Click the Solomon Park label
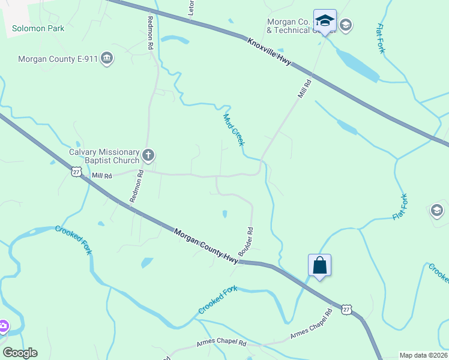click(38, 28)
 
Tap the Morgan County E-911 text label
click(58, 59)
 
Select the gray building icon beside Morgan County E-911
click(107, 58)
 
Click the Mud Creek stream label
click(234, 130)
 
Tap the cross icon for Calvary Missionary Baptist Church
click(148, 156)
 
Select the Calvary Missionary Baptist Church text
click(104, 157)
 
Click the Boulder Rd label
click(246, 242)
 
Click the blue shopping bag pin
click(319, 265)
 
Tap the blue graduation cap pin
click(325, 21)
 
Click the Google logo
click(20, 353)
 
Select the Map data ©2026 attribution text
click(423, 355)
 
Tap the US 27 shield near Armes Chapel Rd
click(346, 310)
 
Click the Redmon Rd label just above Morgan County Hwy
click(136, 186)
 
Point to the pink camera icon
click(2, 326)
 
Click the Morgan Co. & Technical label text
click(289, 26)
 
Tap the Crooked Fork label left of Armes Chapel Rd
click(218, 300)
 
